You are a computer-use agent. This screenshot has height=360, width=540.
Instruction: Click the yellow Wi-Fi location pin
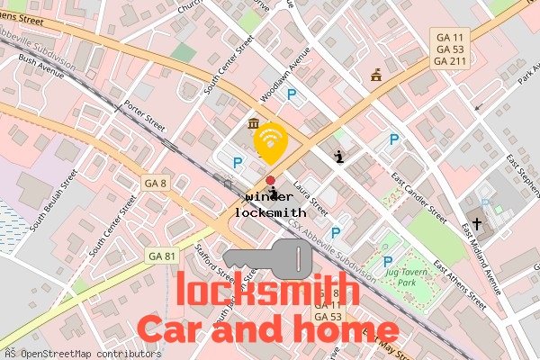tap(270, 142)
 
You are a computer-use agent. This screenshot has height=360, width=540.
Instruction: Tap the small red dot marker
tap(270, 180)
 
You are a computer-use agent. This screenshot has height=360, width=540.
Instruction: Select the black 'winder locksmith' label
tap(269, 204)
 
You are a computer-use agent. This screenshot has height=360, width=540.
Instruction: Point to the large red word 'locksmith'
tap(268, 291)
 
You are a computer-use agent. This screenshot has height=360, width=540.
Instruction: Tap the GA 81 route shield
tap(160, 256)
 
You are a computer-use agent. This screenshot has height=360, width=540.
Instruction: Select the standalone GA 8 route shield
tap(156, 184)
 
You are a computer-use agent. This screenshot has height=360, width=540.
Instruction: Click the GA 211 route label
tap(450, 61)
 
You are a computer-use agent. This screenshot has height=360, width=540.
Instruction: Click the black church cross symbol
tap(477, 222)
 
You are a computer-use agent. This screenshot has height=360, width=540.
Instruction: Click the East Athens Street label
tap(460, 285)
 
